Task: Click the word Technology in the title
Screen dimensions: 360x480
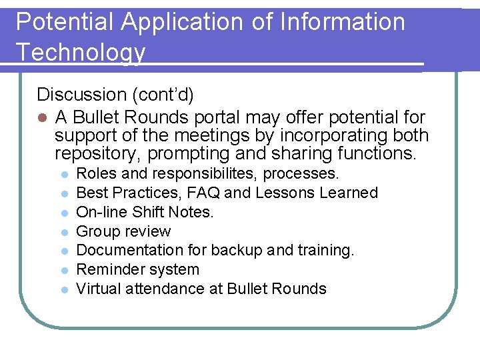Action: (81, 51)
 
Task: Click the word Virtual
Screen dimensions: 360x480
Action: (99, 289)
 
